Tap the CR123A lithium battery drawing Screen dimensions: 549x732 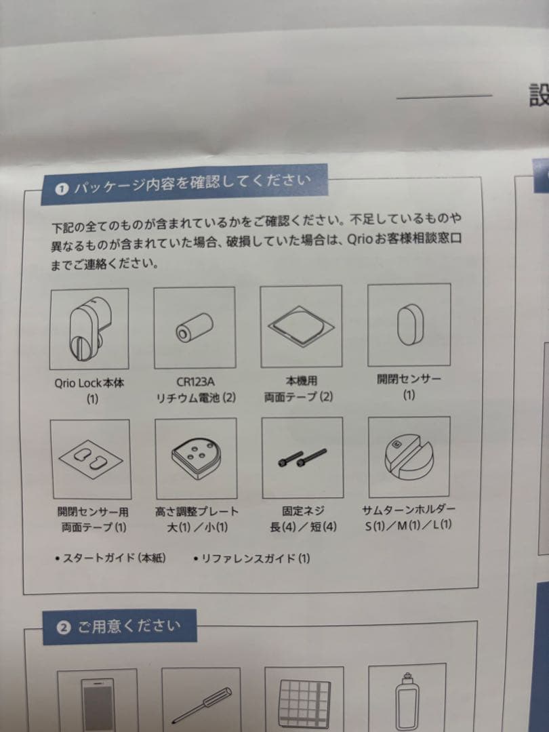click(195, 327)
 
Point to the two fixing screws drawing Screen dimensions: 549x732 click(302, 457)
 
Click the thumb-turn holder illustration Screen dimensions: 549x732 click(409, 457)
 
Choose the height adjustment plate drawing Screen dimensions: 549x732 click(196, 458)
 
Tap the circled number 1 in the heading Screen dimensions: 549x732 click(62, 189)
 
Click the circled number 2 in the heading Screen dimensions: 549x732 click(64, 628)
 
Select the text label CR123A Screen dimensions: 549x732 click(196, 382)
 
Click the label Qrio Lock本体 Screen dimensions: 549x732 click(89, 383)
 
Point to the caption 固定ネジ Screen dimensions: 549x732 click(303, 511)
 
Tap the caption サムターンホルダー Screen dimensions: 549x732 click(409, 509)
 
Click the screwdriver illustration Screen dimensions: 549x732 click(201, 704)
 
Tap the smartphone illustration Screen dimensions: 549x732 click(97, 705)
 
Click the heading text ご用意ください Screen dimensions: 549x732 click(129, 626)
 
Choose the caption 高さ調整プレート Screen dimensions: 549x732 click(197, 512)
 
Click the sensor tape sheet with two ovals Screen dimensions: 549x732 click(91, 459)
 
